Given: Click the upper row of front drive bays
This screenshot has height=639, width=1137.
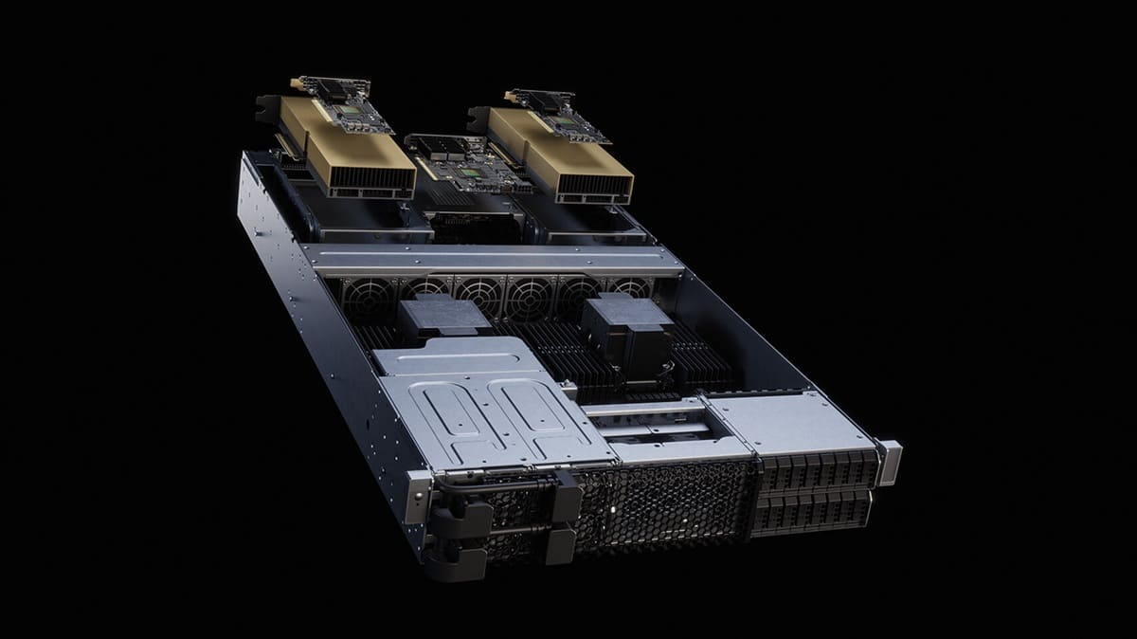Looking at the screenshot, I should (815, 469).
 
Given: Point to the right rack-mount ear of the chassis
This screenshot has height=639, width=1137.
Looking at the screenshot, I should (889, 461).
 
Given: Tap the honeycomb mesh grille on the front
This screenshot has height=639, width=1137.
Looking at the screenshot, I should (663, 502).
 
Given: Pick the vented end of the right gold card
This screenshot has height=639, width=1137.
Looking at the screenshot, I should (593, 185).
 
